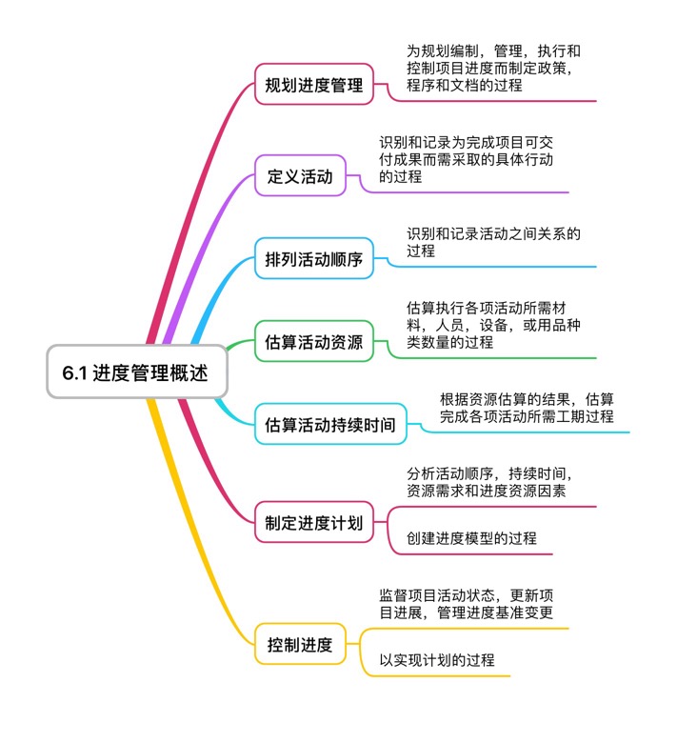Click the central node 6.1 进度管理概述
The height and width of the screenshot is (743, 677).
(138, 371)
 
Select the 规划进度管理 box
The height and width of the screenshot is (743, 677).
(314, 85)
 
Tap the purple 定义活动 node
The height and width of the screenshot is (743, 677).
(300, 176)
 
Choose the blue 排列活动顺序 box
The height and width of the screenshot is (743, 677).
(314, 259)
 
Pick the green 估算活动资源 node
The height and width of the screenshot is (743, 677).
(314, 342)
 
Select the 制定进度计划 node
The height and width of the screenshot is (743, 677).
(314, 522)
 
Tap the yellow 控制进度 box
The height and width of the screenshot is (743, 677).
(300, 645)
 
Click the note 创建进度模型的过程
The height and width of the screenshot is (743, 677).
(471, 538)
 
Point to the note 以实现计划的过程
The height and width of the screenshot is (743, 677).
(437, 659)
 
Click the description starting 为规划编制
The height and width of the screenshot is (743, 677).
(493, 68)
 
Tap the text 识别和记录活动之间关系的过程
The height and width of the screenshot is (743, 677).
(493, 242)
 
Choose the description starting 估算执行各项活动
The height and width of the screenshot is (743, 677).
(493, 325)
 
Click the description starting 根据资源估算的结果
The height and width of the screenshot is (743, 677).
(526, 408)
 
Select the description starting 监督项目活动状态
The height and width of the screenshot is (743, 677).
(466, 604)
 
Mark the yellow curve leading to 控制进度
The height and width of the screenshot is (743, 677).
(195, 533)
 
